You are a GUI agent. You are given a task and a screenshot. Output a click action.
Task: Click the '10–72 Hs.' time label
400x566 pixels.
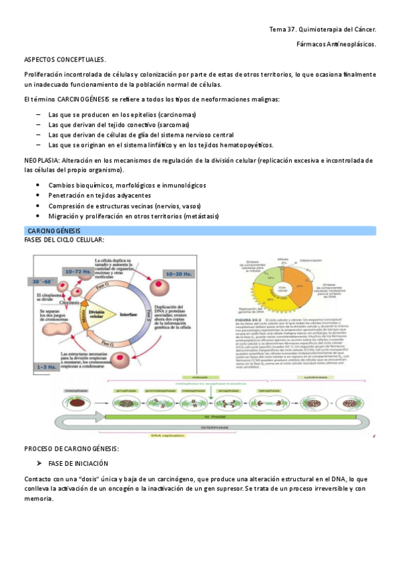79,271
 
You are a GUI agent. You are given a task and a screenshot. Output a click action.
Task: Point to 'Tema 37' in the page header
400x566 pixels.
282,29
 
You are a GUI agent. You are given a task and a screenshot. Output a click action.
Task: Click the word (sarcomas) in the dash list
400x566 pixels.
173,125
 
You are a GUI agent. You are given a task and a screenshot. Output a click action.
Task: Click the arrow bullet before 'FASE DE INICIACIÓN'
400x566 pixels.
40,463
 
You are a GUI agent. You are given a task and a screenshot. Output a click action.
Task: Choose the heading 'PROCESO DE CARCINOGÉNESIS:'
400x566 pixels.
71,448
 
